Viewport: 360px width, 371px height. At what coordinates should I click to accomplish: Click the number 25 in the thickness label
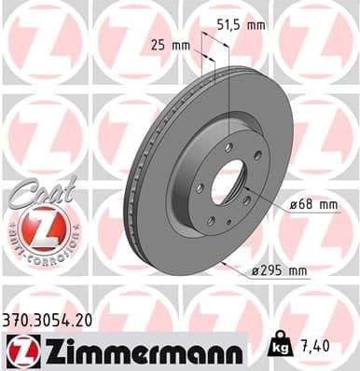157,44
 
